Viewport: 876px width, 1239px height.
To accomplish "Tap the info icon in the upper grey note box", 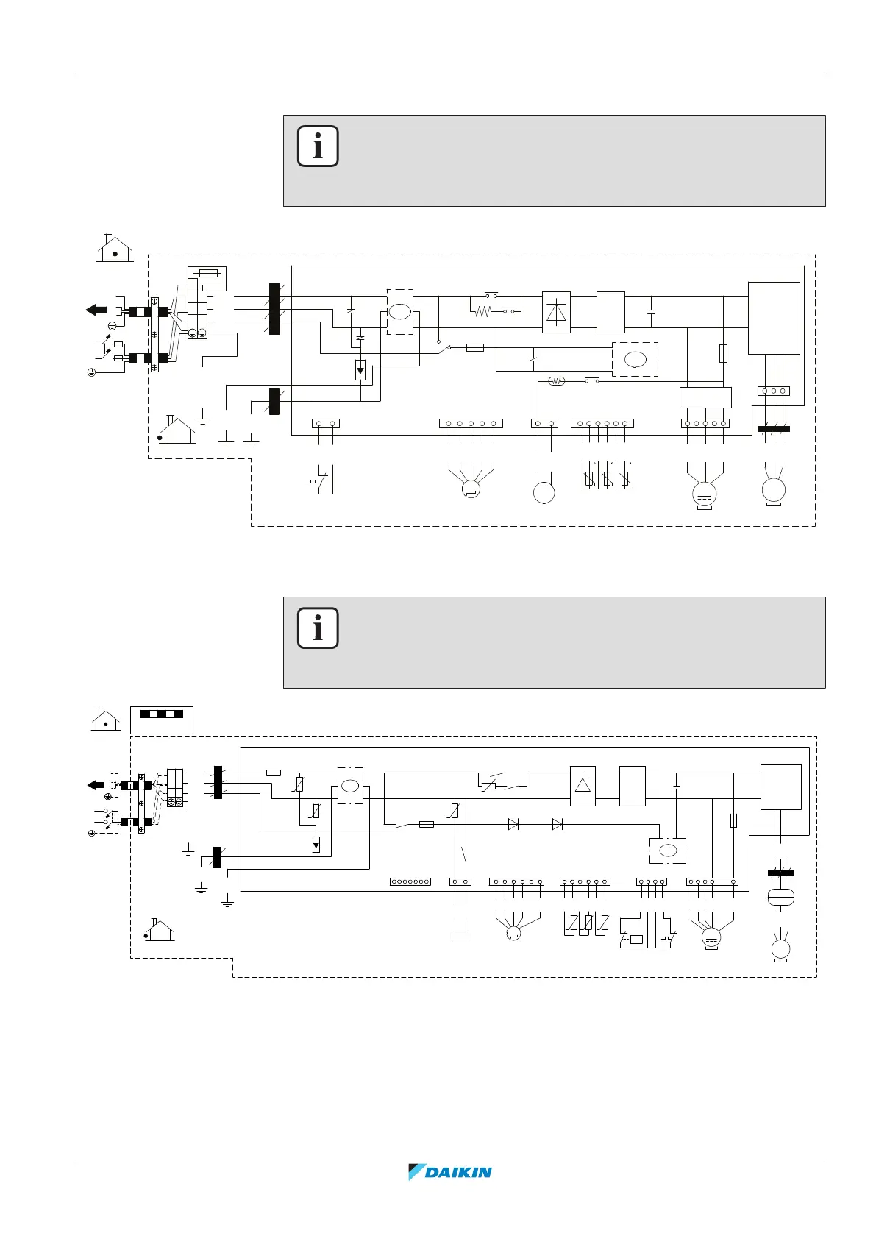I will [x=318, y=146].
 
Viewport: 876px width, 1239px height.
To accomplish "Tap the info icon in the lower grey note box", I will [x=318, y=628].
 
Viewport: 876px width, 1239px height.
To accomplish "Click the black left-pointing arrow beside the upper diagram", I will [x=96, y=310].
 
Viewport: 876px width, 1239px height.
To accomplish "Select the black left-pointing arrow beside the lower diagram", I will [x=96, y=785].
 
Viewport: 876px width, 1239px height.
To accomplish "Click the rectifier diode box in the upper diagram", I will [x=556, y=312].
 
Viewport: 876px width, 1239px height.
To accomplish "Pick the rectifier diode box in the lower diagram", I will [x=583, y=786].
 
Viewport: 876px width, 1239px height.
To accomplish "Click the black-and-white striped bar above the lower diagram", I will [x=162, y=714].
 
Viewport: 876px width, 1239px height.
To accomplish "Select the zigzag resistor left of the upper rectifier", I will [x=482, y=312].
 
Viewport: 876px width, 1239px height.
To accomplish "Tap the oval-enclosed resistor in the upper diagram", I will [x=557, y=381].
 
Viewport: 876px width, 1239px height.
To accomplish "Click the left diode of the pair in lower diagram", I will [x=513, y=825].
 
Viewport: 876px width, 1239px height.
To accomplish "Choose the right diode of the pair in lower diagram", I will [x=558, y=825].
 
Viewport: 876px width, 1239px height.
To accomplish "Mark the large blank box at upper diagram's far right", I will [x=774, y=318].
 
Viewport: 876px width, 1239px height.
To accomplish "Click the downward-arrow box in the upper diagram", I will [x=360, y=370].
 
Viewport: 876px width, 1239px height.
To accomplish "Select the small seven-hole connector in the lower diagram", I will [x=410, y=881].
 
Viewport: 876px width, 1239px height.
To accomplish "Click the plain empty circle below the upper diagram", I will [x=544, y=492].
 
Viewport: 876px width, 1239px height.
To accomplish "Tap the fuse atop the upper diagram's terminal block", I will [x=208, y=272].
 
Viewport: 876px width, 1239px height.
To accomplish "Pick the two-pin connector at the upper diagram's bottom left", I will [x=326, y=423].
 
